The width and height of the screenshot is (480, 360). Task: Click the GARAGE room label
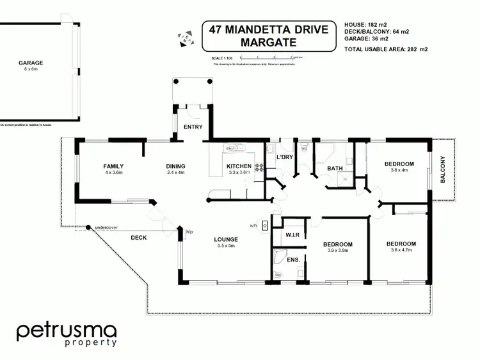tap(31, 63)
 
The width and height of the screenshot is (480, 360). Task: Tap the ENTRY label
tap(193, 127)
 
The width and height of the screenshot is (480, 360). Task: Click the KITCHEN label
tap(235, 166)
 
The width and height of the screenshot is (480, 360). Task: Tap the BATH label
tap(335, 169)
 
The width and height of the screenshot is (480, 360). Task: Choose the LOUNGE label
tap(226, 239)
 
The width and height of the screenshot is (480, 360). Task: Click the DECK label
tap(139, 238)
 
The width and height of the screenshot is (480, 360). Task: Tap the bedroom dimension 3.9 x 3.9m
tap(337, 251)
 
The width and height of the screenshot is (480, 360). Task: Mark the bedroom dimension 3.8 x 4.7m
tap(401, 251)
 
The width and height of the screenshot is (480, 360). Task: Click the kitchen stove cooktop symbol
tap(260, 168)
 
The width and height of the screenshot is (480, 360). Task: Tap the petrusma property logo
tap(66, 334)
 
